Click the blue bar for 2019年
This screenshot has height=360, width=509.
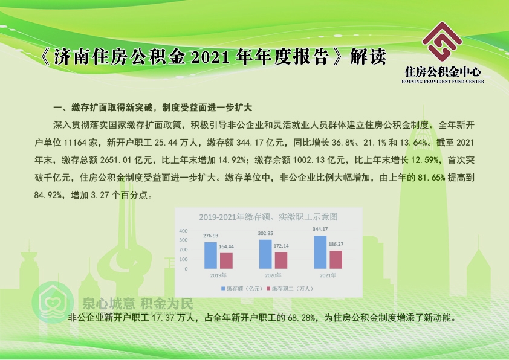(210, 256)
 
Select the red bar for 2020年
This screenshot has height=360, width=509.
(281, 260)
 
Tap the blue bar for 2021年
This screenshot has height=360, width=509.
(320, 252)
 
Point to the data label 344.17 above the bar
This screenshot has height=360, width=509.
(320, 229)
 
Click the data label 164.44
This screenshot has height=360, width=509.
(226, 246)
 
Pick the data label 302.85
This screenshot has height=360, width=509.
(265, 233)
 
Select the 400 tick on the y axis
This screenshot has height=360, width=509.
(183, 231)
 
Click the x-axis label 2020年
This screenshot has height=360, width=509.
(273, 275)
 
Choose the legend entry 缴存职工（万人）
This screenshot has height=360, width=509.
(290, 288)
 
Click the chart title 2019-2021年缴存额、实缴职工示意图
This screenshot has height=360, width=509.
(268, 217)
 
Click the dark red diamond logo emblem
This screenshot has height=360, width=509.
(442, 42)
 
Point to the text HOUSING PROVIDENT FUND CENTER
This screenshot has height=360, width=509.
(443, 81)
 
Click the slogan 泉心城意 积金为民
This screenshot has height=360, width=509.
(138, 304)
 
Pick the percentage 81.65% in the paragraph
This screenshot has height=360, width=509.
(432, 178)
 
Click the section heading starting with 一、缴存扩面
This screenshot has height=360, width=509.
(152, 108)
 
